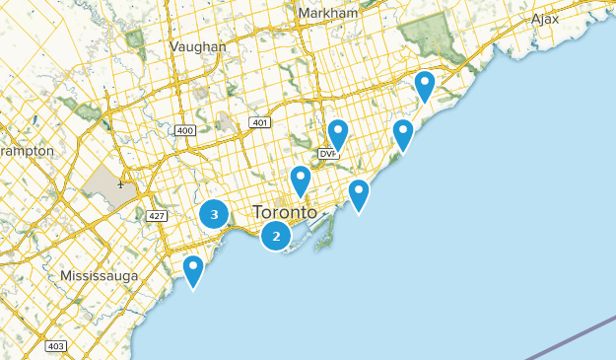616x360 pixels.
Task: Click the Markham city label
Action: pos(327,13)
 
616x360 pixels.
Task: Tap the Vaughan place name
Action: pos(197,46)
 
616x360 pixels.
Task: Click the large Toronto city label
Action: pos(285,212)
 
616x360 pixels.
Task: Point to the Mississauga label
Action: pos(100,275)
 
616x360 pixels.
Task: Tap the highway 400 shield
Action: pos(184,130)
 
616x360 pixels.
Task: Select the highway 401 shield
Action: pos(259,122)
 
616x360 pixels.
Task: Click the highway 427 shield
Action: pos(156,215)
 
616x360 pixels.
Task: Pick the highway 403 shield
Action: pos(55,346)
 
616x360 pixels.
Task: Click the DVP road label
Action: pos(327,155)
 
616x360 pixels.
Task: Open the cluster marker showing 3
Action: pos(214,214)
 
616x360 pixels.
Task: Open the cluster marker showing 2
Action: pos(276,236)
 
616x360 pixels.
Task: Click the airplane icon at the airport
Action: pos(120,183)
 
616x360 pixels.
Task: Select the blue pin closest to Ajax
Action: pos(425,85)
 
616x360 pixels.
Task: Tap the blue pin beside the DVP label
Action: pos(338,134)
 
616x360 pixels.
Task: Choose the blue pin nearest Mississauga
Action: pos(193,269)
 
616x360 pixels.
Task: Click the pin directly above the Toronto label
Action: pos(301,180)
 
